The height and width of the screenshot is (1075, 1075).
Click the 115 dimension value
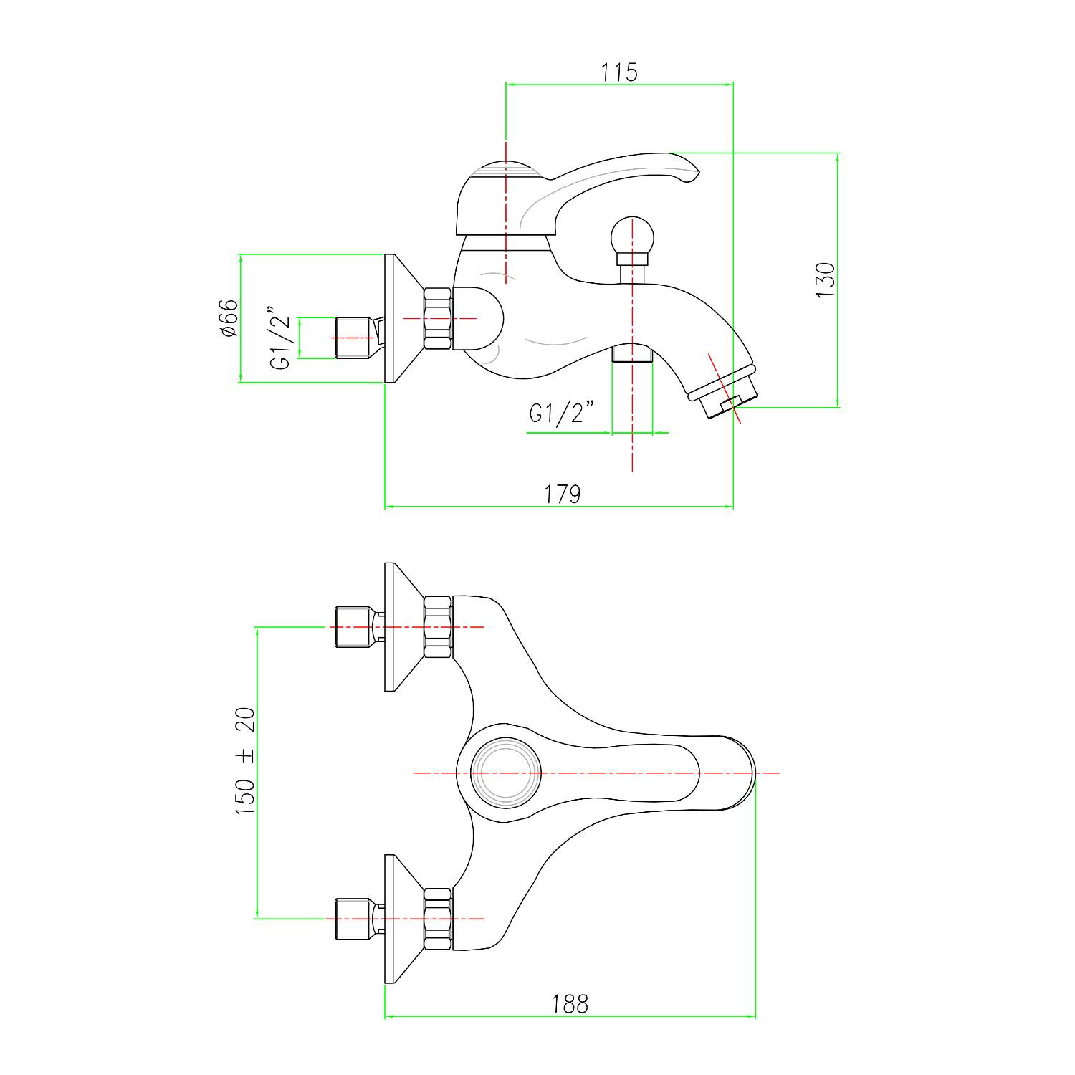[619, 72]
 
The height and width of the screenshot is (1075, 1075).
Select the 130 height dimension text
[826, 279]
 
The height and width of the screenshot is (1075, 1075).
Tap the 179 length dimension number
[563, 494]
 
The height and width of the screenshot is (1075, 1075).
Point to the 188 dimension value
[570, 1004]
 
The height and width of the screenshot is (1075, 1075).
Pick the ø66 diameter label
[229, 318]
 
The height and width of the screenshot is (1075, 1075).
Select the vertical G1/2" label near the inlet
[282, 338]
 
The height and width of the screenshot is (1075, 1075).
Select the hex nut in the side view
[438, 318]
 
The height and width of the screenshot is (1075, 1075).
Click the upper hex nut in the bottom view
[438, 627]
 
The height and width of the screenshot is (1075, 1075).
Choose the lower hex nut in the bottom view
[438, 918]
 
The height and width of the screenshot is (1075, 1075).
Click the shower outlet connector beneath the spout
[632, 354]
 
